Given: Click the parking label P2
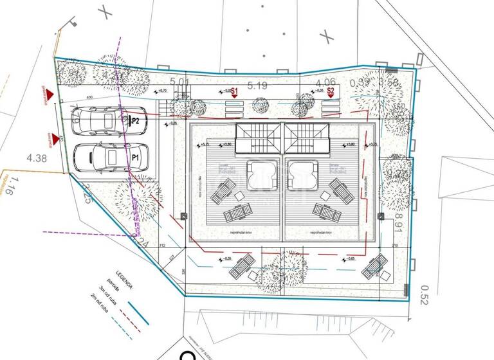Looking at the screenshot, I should coord(134,120).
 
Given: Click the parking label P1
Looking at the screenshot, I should coord(135,157).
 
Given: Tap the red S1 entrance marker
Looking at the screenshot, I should coord(235,92).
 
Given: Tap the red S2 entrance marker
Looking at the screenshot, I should coord(331,92).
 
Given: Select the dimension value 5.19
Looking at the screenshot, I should coord(257,84).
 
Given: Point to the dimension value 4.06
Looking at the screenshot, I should coord(326,82).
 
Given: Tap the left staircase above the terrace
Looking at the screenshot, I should coord(257,138).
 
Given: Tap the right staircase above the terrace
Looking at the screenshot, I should coord(307,138).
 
